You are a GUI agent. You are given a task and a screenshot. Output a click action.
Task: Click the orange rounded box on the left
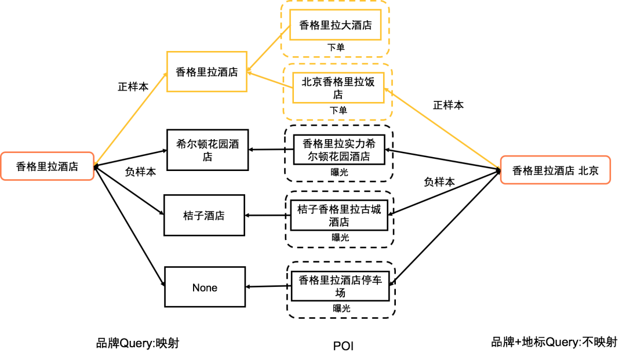[47, 166]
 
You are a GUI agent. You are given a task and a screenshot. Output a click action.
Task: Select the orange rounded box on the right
[555, 170]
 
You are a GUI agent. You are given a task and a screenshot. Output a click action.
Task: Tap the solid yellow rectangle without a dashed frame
[206, 71]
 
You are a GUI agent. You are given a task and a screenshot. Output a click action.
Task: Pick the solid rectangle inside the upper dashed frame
[335, 25]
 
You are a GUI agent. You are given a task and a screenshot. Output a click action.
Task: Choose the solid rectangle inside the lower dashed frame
[339, 88]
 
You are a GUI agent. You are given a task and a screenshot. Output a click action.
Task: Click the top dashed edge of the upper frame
[335, 2]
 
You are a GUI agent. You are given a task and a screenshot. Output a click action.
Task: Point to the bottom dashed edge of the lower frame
[338, 120]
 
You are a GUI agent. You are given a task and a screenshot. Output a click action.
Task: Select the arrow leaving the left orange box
[130, 118]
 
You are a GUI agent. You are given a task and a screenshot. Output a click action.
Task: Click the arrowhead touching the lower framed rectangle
[387, 90]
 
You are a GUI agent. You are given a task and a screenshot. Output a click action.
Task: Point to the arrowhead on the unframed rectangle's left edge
[166, 74]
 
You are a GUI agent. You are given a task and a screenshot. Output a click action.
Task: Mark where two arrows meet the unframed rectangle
[248, 72]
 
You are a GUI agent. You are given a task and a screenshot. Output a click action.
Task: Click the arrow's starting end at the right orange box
[499, 167]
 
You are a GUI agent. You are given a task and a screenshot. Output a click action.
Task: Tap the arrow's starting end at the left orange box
[95, 163]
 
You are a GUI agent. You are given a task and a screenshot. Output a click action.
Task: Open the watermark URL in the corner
[559, 349]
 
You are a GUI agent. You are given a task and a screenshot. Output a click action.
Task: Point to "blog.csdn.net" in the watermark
[551, 349]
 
